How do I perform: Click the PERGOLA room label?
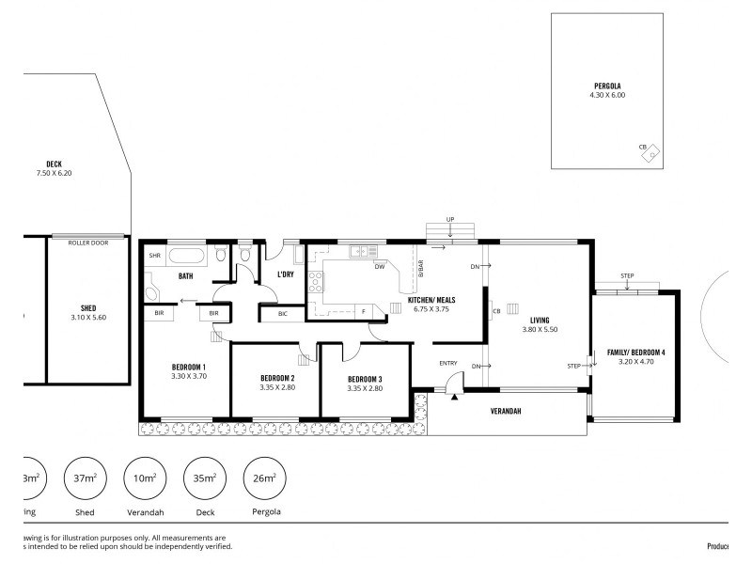click(x=606, y=85)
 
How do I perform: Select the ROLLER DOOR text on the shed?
click(x=88, y=243)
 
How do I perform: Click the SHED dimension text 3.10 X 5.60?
click(x=88, y=318)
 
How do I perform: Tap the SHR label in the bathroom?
click(x=153, y=255)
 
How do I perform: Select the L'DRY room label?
click(x=286, y=274)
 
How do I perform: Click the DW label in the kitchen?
click(x=380, y=266)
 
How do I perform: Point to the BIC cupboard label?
click(x=283, y=313)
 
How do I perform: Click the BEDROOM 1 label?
click(x=188, y=367)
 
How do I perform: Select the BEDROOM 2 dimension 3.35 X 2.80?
click(x=277, y=388)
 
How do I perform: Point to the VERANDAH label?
click(x=505, y=411)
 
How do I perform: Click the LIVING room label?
click(x=539, y=320)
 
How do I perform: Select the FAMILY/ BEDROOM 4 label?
click(x=635, y=352)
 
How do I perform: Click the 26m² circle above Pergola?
click(x=265, y=478)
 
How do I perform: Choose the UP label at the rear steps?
click(x=450, y=219)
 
